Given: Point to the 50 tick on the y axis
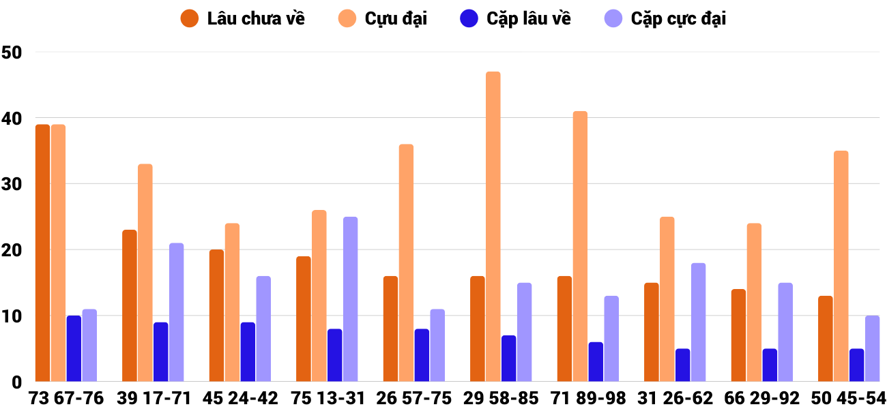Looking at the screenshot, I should [x=12, y=52].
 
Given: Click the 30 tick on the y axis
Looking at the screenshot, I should [x=12, y=185].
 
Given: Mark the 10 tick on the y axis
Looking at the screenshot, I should [x=12, y=317].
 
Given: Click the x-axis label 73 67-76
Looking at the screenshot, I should [x=66, y=398].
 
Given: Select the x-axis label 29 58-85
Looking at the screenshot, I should [x=501, y=398].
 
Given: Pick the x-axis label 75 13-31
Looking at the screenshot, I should [x=327, y=398].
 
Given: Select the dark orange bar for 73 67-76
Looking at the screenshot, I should [x=43, y=253].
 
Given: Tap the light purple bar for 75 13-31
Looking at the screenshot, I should [x=351, y=299].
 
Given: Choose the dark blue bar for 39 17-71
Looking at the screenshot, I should [x=161, y=352].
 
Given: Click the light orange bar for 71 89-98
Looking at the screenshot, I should [x=580, y=246].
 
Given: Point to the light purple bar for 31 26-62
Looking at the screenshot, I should [x=698, y=322].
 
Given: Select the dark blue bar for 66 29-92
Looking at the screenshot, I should [x=770, y=365].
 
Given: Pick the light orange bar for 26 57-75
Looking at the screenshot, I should [x=406, y=263].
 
